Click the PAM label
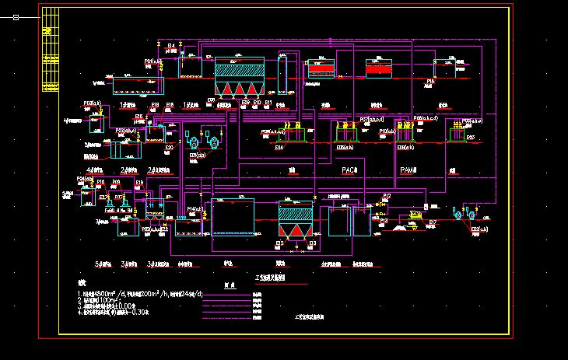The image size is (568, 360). pos(408,170)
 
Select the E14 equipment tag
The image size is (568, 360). pos(279,148)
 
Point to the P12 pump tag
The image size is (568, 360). pos(387,196)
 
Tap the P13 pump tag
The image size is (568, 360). pos(384,221)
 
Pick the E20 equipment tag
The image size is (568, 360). pos(170,146)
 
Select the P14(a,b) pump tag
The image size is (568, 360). pos(196,208)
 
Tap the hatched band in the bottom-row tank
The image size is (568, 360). pos(296,212)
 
